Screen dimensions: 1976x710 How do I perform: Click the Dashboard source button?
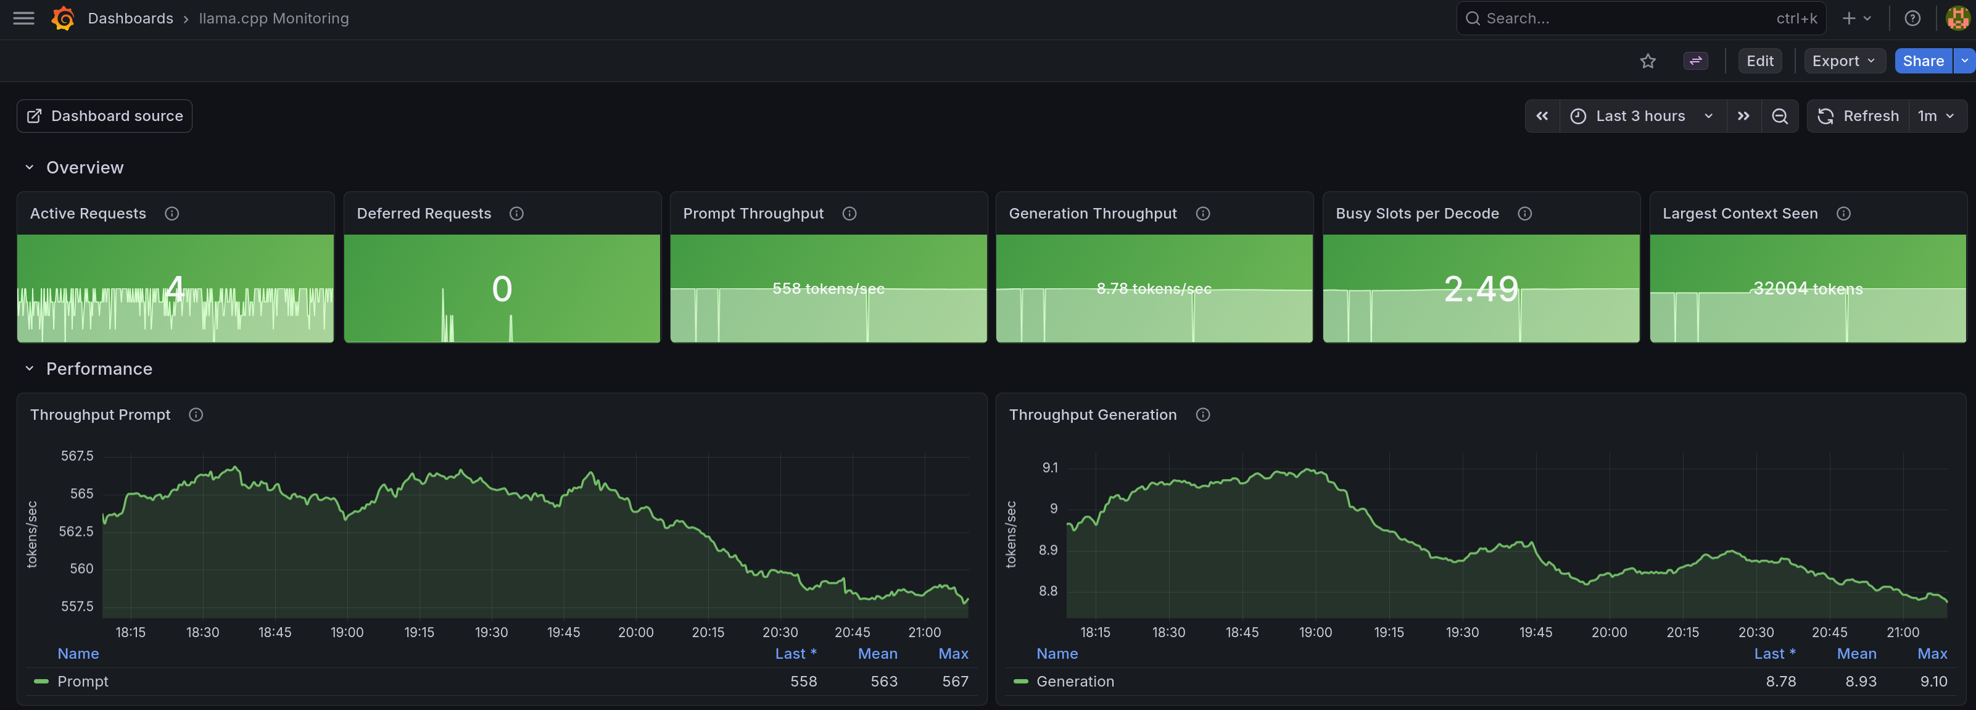[104, 116]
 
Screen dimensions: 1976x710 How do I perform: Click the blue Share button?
[1922, 61]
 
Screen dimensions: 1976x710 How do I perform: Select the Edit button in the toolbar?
[1759, 61]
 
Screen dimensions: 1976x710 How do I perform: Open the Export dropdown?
[1844, 61]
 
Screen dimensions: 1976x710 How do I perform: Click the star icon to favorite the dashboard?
[1648, 61]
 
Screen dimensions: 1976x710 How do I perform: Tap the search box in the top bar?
[1641, 19]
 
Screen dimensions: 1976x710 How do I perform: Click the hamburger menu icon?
[24, 19]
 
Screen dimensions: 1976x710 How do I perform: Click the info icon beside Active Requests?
[172, 214]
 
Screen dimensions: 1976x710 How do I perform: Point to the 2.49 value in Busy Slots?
[1481, 288]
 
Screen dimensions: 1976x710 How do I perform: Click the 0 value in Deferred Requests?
[502, 288]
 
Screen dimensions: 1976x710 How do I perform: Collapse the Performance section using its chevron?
[29, 369]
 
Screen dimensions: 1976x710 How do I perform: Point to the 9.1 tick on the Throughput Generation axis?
[1049, 467]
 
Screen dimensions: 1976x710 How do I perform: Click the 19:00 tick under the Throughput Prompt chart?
[347, 632]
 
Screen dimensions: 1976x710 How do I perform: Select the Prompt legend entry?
[82, 681]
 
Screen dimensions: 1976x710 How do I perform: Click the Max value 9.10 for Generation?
[1933, 681]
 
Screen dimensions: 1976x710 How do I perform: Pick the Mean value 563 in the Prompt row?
[883, 681]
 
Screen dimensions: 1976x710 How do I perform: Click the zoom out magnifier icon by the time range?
[1780, 116]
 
